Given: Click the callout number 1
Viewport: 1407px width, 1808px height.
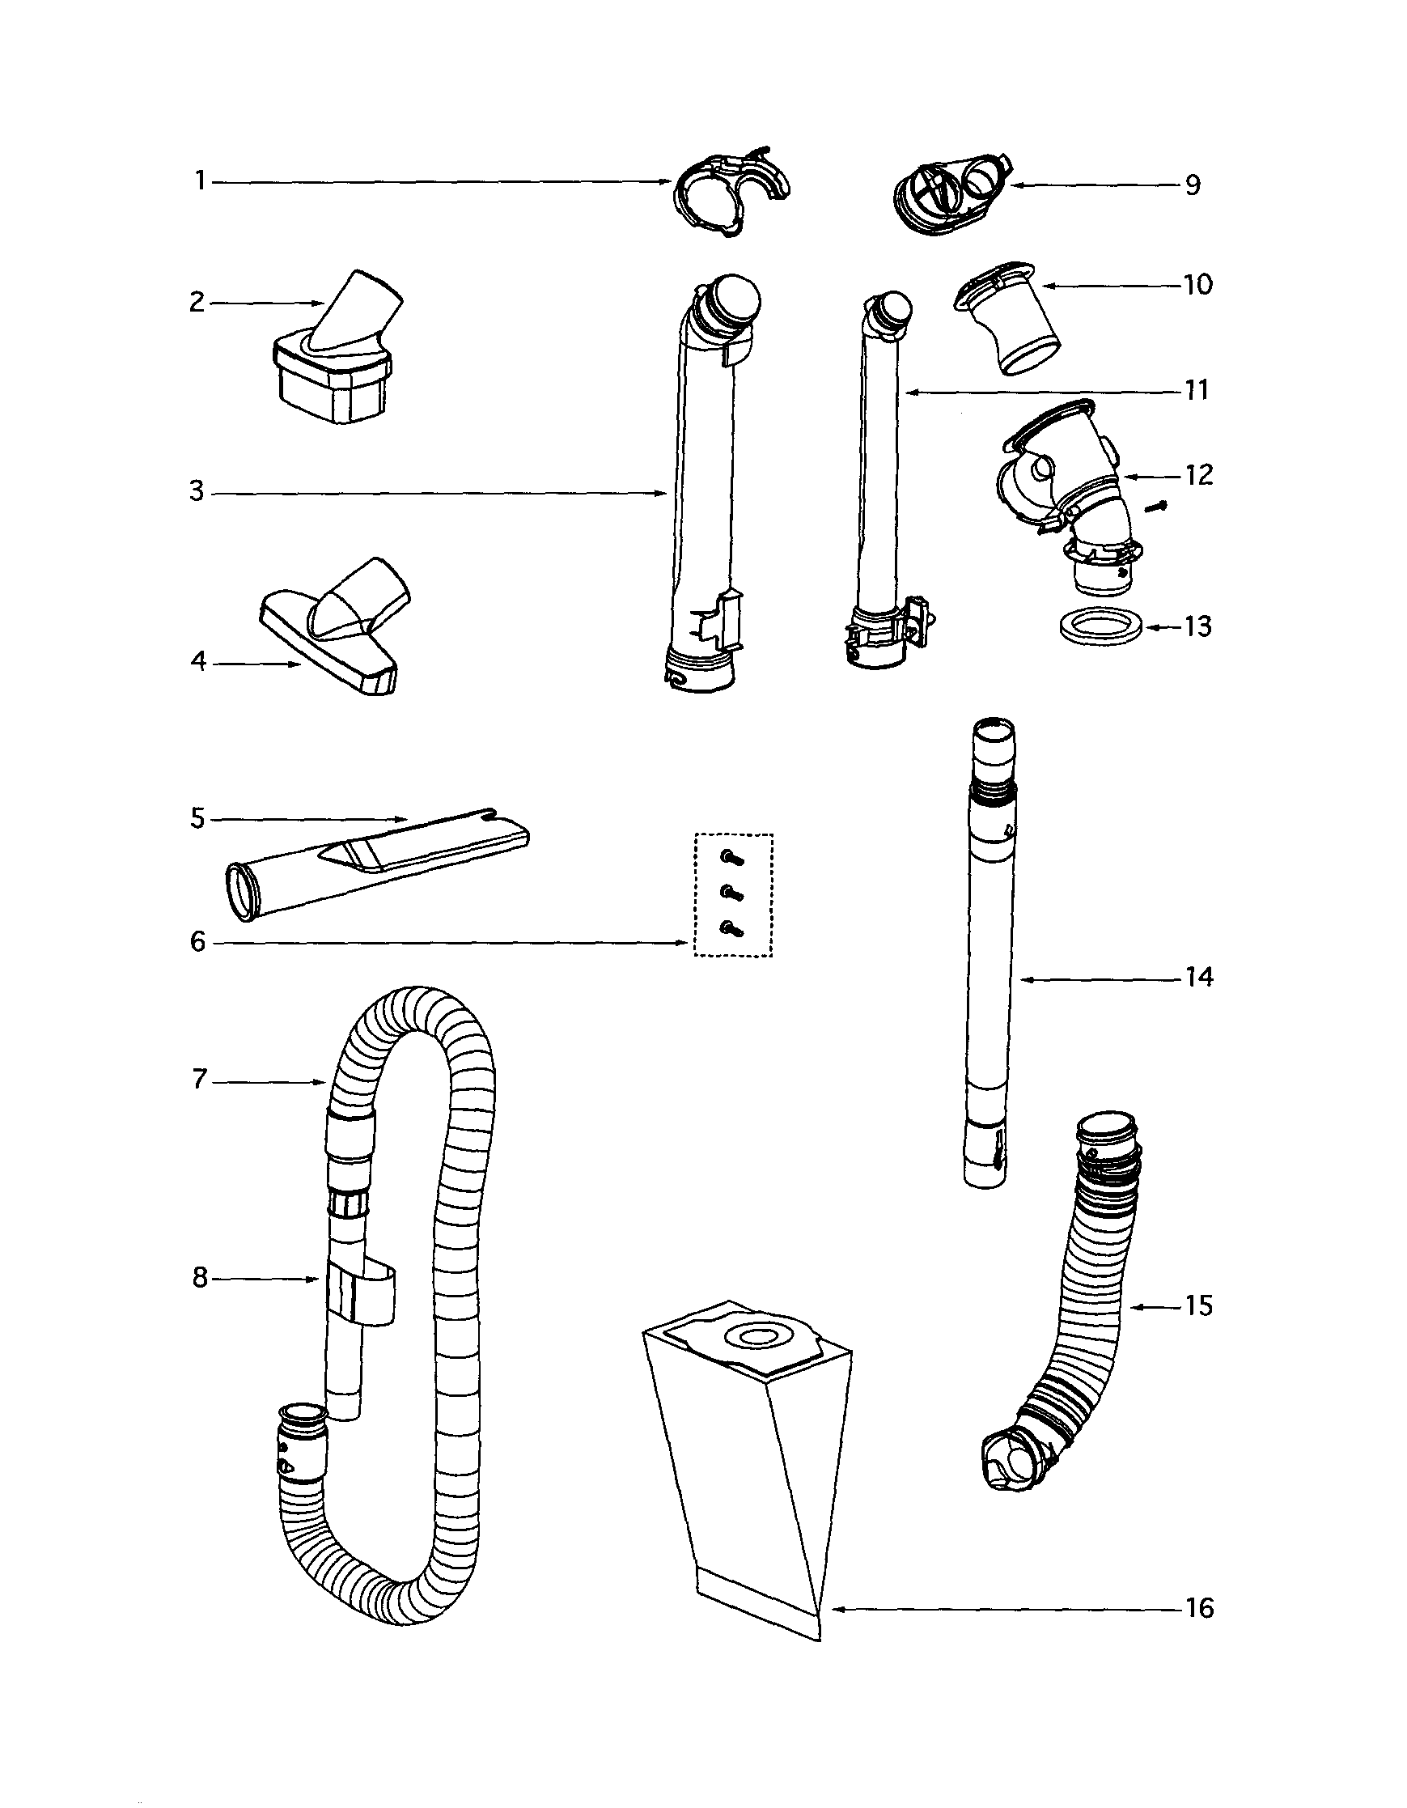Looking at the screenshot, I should tap(199, 180).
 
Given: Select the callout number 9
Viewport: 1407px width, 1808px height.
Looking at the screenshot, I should tap(1192, 185).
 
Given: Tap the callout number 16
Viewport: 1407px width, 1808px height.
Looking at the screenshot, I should tap(1199, 1608).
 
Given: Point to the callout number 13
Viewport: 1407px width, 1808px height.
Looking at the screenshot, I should tap(1197, 626).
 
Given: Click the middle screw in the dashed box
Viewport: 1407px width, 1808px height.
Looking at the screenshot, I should tap(730, 893).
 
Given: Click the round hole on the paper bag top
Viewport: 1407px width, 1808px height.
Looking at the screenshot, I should tap(754, 1336).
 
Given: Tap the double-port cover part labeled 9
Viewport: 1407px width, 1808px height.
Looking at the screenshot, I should tap(951, 194).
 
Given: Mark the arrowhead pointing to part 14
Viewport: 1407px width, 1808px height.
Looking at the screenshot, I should tap(1024, 979).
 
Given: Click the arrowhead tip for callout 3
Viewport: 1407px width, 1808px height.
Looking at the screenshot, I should tap(664, 494).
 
